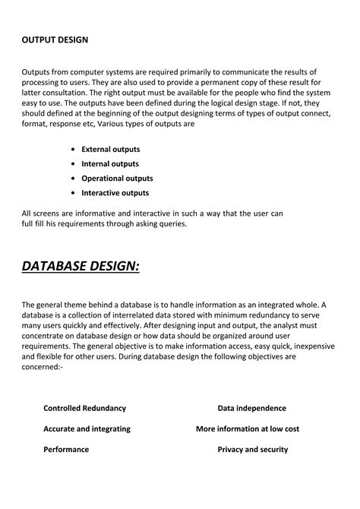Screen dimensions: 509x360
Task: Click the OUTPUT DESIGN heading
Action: pyautogui.click(x=55, y=40)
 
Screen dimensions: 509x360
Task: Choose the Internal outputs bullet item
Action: pyautogui.click(x=110, y=164)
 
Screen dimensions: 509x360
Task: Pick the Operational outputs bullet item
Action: pyautogui.click(x=117, y=179)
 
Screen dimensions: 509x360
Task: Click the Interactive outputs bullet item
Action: pyautogui.click(x=115, y=193)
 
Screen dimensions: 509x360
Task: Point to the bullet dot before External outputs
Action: pyautogui.click(x=72, y=150)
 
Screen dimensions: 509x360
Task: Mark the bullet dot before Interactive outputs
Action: pyautogui.click(x=72, y=193)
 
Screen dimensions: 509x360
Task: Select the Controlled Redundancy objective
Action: pyautogui.click(x=85, y=408)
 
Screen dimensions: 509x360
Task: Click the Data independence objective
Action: pyautogui.click(x=251, y=408)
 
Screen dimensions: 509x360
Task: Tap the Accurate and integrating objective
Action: pyautogui.click(x=87, y=428)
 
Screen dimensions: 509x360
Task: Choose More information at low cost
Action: pyautogui.click(x=248, y=428)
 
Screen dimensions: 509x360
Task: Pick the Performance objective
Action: pyautogui.click(x=66, y=449)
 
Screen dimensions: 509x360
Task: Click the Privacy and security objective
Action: pyautogui.click(x=252, y=449)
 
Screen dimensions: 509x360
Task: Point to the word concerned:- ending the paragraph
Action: pyautogui.click(x=43, y=367)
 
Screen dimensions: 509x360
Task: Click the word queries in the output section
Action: pyautogui.click(x=168, y=225)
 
